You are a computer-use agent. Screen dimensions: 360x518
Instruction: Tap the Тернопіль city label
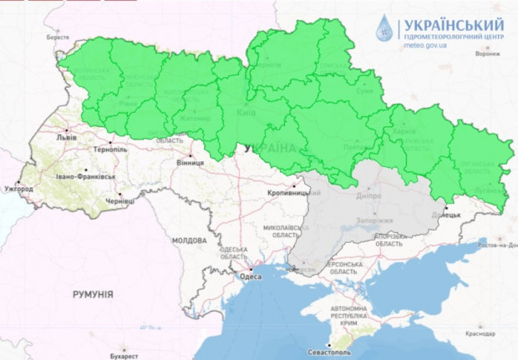[109, 149]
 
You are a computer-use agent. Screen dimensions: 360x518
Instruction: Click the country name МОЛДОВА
[189, 240]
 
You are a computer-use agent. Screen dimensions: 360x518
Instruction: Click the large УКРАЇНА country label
[270, 148]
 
